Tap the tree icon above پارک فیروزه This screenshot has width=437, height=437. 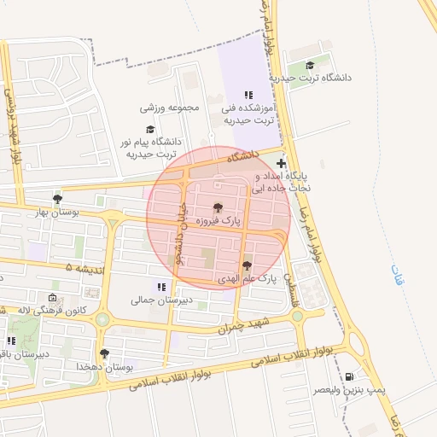pyautogui.click(x=217, y=207)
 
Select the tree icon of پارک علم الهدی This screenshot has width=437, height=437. pyautogui.click(x=247, y=265)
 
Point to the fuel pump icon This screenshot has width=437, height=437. pyautogui.click(x=349, y=376)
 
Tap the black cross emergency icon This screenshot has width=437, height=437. pyautogui.click(x=282, y=163)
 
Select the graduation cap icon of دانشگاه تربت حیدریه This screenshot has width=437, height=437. pyautogui.click(x=310, y=66)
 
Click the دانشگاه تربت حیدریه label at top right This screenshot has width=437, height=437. pyautogui.click(x=320, y=78)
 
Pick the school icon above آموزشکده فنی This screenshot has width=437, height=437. pyautogui.click(x=248, y=96)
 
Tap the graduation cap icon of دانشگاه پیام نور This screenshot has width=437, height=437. pyautogui.click(x=150, y=129)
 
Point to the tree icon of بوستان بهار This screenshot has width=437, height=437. pyautogui.click(x=57, y=199)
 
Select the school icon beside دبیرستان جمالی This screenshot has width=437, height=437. pyautogui.click(x=160, y=287)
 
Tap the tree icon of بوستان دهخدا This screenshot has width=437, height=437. pyautogui.click(x=104, y=353)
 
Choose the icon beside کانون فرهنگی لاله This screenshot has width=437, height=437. pyautogui.click(x=53, y=299)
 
